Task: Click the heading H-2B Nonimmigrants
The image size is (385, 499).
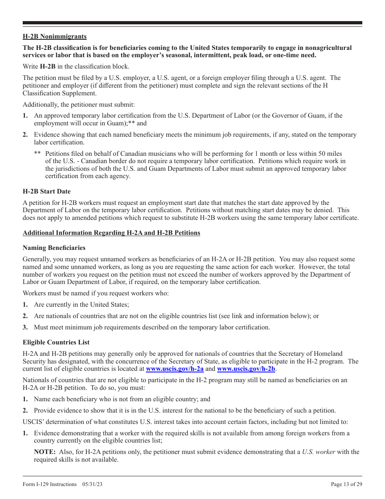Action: pyautogui.click(x=54, y=37)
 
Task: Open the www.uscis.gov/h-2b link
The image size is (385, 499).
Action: pyautogui.click(x=246, y=369)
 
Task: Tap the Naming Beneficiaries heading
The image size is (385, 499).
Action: pyautogui.click(x=54, y=247)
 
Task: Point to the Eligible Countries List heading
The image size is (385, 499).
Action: pyautogui.click(x=56, y=342)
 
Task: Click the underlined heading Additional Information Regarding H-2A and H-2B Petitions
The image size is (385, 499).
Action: pyautogui.click(x=111, y=233)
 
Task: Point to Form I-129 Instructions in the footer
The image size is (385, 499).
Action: pyautogui.click(x=50, y=484)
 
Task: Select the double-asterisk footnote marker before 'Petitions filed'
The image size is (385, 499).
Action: pyautogui.click(x=37, y=154)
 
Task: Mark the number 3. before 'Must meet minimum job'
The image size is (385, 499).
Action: pyautogui.click(x=25, y=327)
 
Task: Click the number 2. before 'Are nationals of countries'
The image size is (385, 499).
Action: pyautogui.click(x=25, y=316)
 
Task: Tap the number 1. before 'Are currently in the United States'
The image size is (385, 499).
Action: pyautogui.click(x=25, y=304)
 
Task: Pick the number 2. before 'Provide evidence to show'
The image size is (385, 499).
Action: pyautogui.click(x=25, y=410)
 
